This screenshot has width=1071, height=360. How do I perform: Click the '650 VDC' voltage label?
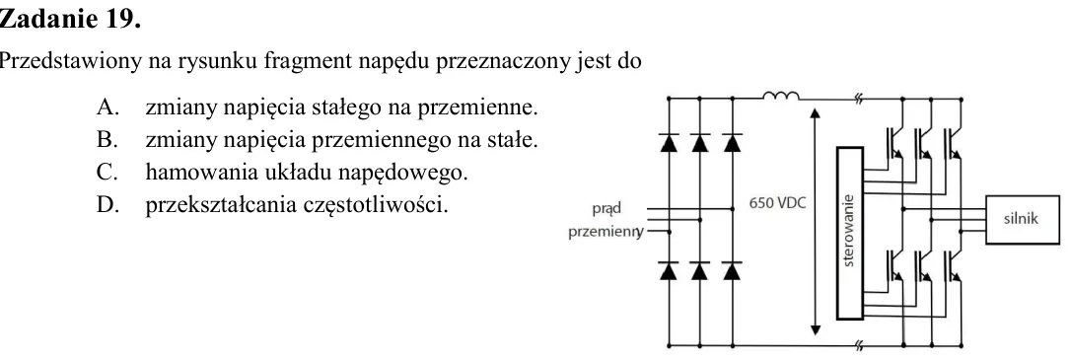point(778,203)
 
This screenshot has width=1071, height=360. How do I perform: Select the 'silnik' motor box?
point(1021,219)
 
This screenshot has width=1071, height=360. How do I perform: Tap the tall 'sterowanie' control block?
point(850,233)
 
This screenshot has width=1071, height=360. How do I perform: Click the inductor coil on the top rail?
point(781,97)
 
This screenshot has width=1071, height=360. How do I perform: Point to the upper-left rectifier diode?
point(669,143)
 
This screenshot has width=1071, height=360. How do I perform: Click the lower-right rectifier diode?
point(732,271)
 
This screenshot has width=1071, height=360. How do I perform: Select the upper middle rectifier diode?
point(700,143)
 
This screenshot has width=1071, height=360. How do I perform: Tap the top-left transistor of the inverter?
point(894,142)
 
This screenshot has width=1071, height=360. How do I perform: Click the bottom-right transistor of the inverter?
point(953,265)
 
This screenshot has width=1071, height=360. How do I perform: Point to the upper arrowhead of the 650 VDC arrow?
point(815,112)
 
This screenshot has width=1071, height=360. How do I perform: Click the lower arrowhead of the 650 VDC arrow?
point(815,330)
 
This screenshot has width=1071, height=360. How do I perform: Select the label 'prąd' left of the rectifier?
point(607,209)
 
